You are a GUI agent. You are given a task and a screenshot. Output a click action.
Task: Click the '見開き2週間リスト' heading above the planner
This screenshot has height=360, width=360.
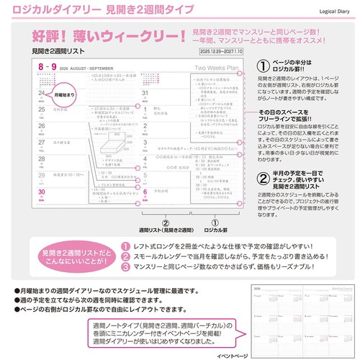point(60,53)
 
